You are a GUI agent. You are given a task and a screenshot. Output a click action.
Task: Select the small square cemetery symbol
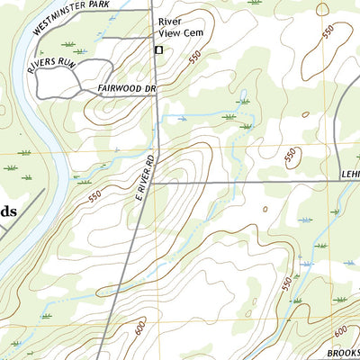[159, 50]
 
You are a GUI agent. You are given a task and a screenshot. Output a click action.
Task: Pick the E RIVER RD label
[147, 176]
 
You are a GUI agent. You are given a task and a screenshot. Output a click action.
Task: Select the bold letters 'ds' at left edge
[7, 211]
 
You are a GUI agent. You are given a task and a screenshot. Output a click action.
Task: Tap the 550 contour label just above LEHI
[291, 157]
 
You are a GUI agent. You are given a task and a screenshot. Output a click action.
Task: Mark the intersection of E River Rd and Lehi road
[151, 182]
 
